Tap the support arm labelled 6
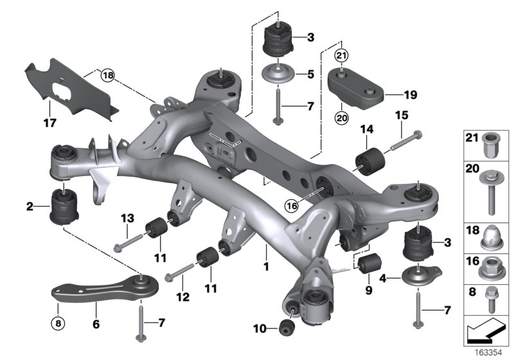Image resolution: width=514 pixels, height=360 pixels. (103, 289)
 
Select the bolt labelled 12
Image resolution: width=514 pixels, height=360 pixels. (182, 274)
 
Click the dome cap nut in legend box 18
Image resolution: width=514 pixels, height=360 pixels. (491, 239)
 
